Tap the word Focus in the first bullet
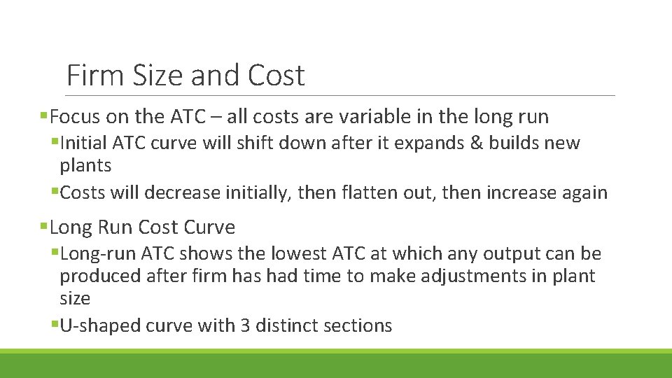point(76,116)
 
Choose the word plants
point(85,166)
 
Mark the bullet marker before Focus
point(44,116)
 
